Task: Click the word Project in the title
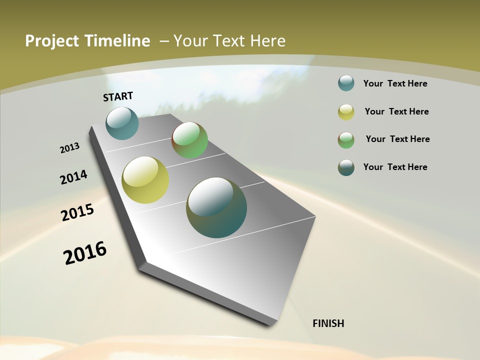point(49,41)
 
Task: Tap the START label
point(118,96)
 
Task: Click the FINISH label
point(328,323)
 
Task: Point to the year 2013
point(69,148)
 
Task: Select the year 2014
point(73,177)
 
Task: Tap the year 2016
point(85,253)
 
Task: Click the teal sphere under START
point(122,123)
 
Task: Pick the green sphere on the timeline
point(189,140)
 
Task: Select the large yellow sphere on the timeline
point(145,180)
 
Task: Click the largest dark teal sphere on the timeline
point(216,207)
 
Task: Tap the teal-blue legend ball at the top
point(346,83)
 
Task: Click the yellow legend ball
point(346,112)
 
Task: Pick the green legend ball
point(346,140)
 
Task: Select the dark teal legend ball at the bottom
point(346,167)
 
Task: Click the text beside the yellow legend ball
point(396,111)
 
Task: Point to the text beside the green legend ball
point(397,139)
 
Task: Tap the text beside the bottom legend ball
point(395,167)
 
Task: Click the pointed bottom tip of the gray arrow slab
point(270,324)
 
